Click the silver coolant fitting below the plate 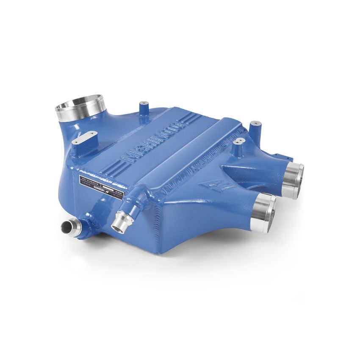119,223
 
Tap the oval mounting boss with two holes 84,138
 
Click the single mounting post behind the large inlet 143,107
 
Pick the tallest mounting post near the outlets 254,127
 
